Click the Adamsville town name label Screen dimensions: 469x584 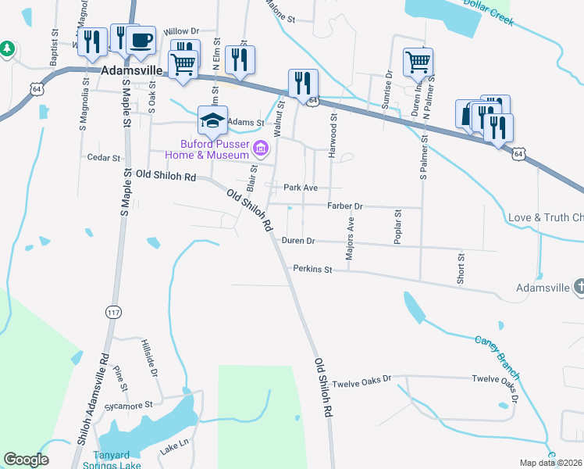(131, 70)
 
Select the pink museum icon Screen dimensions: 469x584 (262, 147)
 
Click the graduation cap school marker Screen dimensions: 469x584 (212, 120)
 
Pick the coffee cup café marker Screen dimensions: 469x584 (141, 41)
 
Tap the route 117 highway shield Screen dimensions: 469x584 (114, 312)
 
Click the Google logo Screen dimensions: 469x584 (26, 460)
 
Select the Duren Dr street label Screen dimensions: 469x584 (298, 242)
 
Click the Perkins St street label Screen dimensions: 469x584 (313, 269)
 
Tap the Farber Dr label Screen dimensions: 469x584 (345, 206)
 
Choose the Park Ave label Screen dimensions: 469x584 (301, 188)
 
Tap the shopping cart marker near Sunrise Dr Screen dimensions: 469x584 (418, 62)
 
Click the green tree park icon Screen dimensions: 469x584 (7, 48)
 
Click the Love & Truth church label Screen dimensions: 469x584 (545, 217)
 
